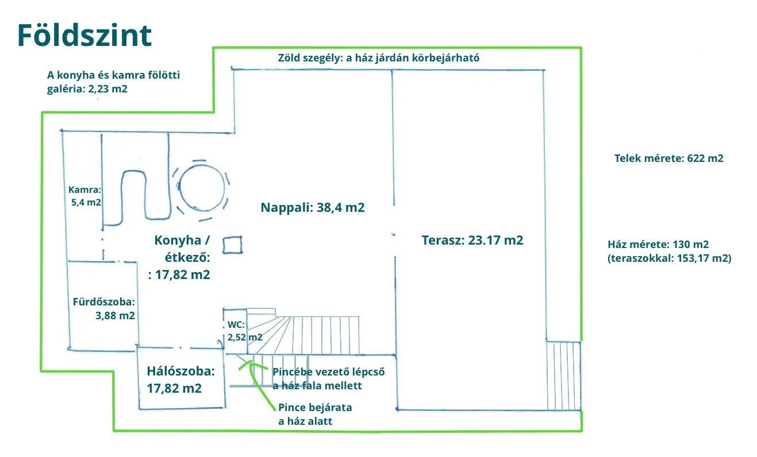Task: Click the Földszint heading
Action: [84, 35]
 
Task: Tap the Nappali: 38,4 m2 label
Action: [313, 208]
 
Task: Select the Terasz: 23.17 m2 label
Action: [472, 241]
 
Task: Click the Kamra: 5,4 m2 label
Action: [84, 196]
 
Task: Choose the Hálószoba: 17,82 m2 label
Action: [180, 379]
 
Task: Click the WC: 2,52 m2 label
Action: [244, 331]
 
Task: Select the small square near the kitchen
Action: [232, 245]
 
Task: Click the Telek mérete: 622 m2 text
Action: [668, 159]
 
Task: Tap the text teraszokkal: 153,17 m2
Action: [669, 258]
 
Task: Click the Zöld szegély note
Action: [378, 58]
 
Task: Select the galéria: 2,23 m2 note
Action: [87, 89]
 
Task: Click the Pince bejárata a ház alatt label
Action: [314, 415]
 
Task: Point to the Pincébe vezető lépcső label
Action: [328, 379]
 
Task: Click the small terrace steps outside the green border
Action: [563, 376]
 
